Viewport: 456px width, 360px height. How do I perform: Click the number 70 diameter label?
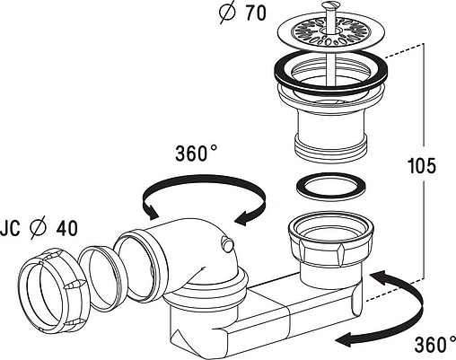pyautogui.click(x=255, y=13)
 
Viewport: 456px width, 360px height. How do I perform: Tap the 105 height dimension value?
pyautogui.click(x=422, y=165)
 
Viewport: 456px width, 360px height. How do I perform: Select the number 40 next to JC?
pyautogui.click(x=67, y=228)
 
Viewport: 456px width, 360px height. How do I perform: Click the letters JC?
pyautogui.click(x=11, y=228)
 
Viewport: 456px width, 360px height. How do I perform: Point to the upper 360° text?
pyautogui.click(x=196, y=154)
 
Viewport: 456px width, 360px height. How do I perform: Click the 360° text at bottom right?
pyautogui.click(x=435, y=345)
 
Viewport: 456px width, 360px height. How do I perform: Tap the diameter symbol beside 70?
pyautogui.click(x=228, y=13)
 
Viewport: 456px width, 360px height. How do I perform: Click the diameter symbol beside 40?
pyautogui.click(x=39, y=228)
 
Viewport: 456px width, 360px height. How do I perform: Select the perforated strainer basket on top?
pyautogui.click(x=330, y=31)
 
